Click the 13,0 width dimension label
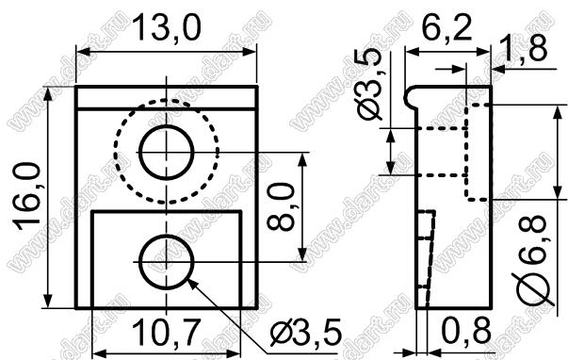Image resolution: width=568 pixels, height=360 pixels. click(167, 28)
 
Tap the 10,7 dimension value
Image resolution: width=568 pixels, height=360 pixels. click(167, 334)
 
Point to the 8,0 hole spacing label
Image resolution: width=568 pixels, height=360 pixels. click(280, 206)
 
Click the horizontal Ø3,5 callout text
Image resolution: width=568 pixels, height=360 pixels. click(306, 333)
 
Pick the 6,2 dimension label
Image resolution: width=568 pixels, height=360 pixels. click(447, 27)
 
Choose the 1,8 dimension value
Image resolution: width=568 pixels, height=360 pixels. click(522, 48)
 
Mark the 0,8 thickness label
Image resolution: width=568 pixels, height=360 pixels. click(466, 331)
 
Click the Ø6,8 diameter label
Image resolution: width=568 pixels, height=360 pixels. click(532, 260)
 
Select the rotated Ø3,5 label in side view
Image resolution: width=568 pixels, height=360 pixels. click(370, 83)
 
